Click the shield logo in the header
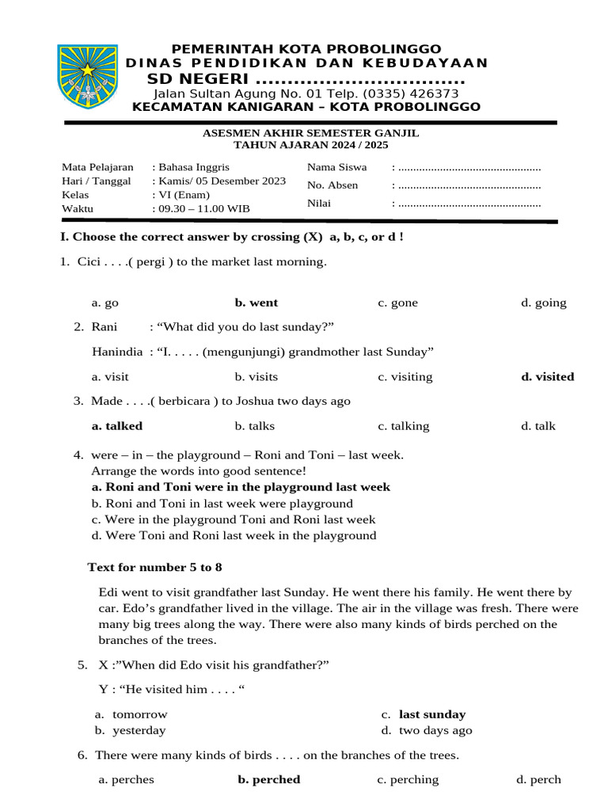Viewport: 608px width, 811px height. click(x=88, y=78)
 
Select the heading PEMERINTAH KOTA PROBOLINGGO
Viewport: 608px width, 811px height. click(x=307, y=49)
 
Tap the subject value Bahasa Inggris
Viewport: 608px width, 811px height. click(x=193, y=167)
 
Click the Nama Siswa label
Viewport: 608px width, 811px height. click(x=336, y=167)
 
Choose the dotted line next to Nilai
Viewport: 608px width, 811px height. click(x=469, y=203)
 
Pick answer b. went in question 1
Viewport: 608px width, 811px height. click(x=256, y=303)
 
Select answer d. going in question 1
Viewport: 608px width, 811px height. click(x=543, y=303)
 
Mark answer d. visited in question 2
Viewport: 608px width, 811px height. click(x=547, y=377)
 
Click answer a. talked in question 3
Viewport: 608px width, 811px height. click(x=117, y=426)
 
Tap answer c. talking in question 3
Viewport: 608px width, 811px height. click(x=403, y=426)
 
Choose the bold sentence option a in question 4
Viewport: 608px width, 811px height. click(x=241, y=487)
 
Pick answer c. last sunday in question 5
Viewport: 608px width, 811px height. click(x=431, y=714)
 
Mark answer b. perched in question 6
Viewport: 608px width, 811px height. click(x=268, y=779)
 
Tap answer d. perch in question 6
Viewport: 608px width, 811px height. click(x=538, y=779)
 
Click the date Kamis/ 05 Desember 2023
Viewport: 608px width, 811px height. click(x=221, y=181)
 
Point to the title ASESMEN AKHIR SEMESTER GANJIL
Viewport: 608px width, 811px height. click(x=311, y=133)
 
